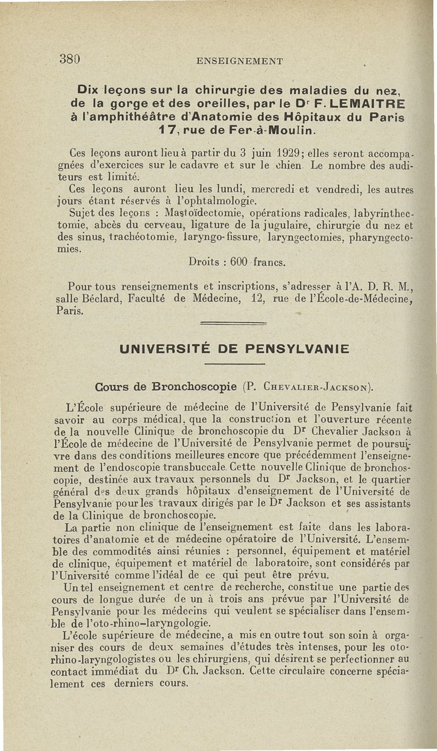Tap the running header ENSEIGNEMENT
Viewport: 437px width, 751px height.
240,61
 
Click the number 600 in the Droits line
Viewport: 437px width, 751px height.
240,262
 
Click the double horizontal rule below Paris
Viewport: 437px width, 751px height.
233,324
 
